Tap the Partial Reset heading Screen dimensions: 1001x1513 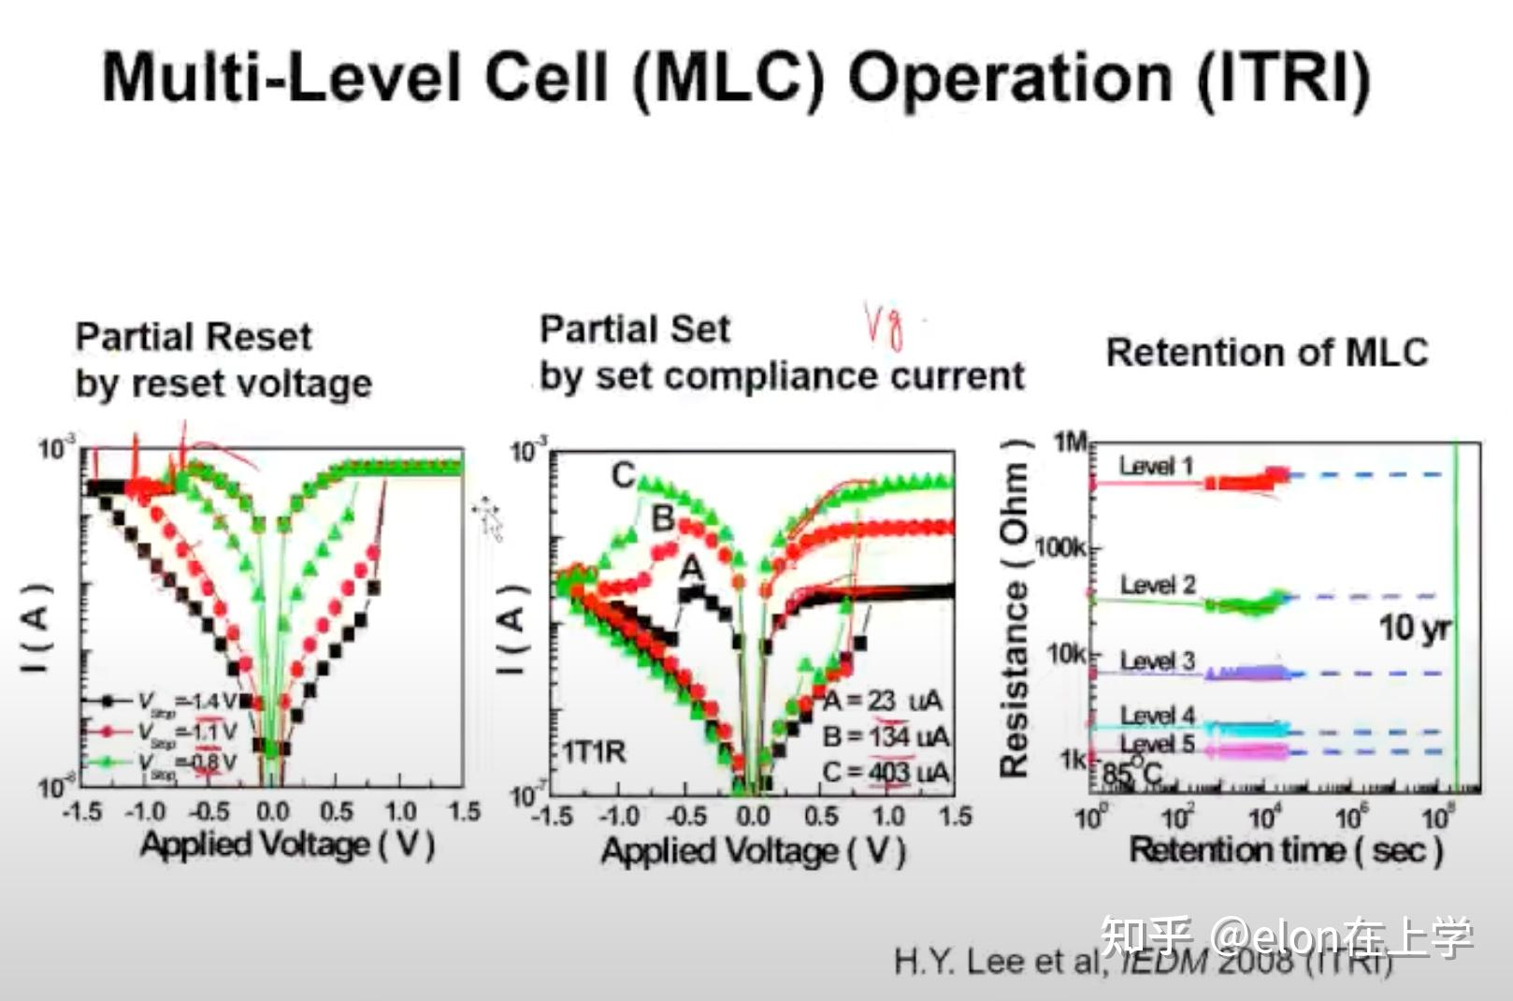tap(194, 337)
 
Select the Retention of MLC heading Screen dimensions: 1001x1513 tap(1267, 353)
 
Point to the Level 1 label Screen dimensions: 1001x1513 tap(1156, 466)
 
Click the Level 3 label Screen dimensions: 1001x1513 tap(1158, 660)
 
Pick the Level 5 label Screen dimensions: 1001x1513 tap(1158, 745)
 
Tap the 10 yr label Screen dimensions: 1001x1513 tap(1414, 628)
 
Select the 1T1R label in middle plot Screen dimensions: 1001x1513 tap(594, 751)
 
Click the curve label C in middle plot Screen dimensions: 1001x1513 tap(624, 475)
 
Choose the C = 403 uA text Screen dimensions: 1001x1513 tap(885, 773)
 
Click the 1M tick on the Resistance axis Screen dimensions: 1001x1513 tap(1071, 442)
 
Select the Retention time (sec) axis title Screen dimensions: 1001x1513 tap(1286, 850)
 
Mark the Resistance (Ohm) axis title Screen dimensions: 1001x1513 tap(1015, 608)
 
